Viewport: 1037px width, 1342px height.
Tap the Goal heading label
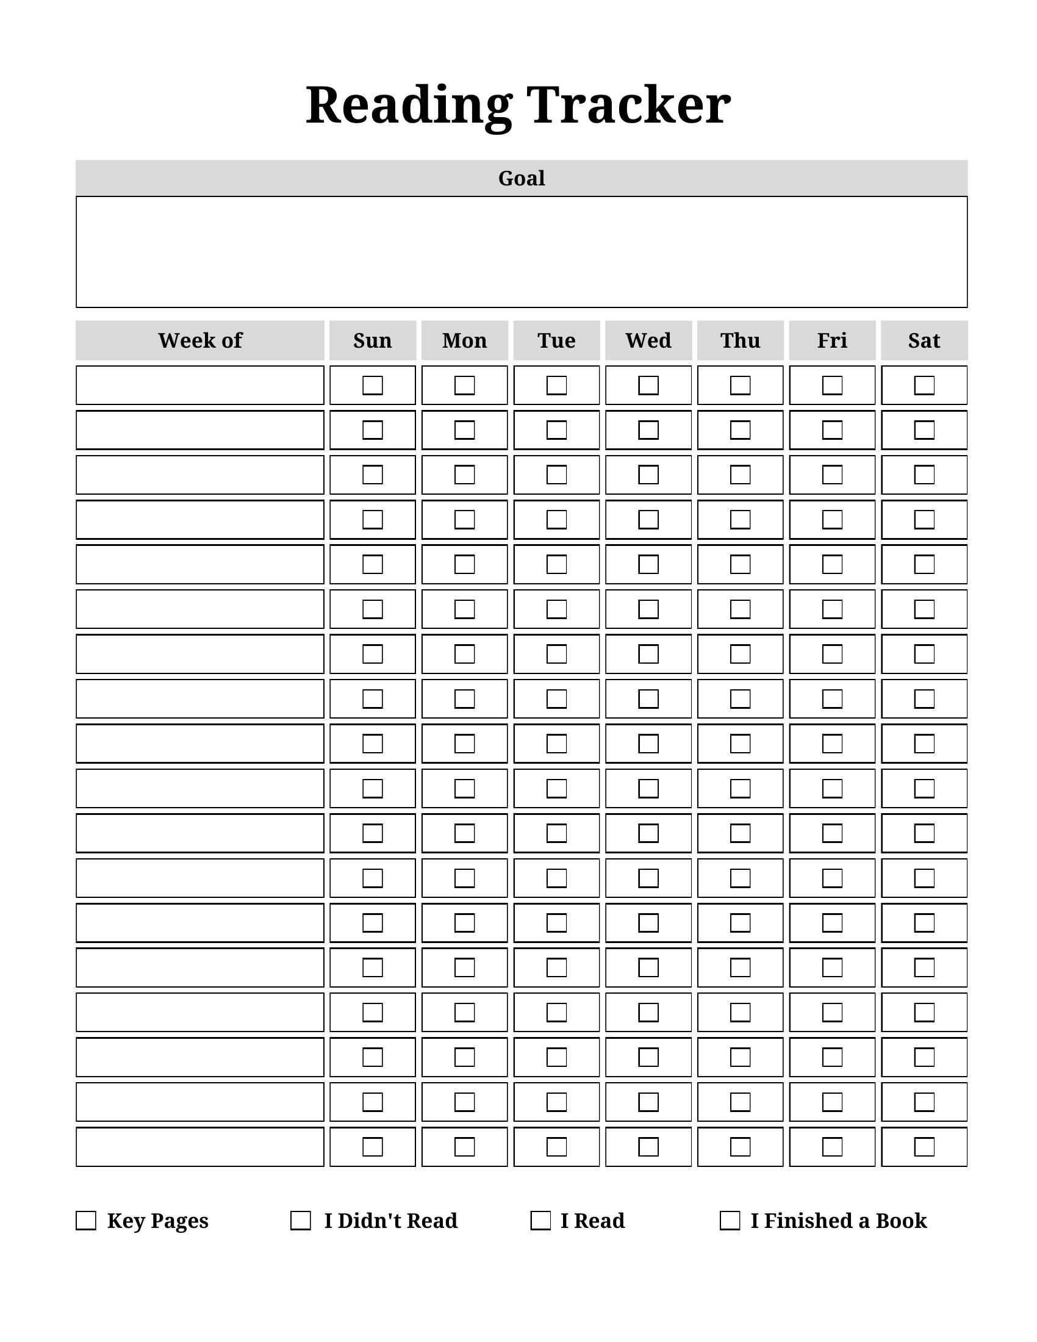click(x=521, y=178)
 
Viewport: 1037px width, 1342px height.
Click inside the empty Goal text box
click(x=521, y=252)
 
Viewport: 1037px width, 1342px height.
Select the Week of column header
click(x=199, y=340)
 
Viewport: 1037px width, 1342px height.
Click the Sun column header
click(x=372, y=340)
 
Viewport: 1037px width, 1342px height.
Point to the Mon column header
click(x=464, y=340)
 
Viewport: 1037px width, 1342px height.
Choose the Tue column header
click(x=556, y=340)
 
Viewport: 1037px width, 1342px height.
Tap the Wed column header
click(x=648, y=340)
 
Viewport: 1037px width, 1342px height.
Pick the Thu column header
click(x=741, y=340)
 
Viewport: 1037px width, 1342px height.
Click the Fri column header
click(x=832, y=340)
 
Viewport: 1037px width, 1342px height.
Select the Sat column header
click(x=924, y=340)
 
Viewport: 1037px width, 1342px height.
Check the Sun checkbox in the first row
click(x=372, y=386)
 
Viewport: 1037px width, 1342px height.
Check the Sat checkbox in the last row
click(x=924, y=1147)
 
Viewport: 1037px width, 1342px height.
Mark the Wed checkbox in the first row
click(x=648, y=386)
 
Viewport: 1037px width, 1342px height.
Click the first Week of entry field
click(x=199, y=386)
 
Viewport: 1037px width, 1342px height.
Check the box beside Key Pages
click(x=86, y=1221)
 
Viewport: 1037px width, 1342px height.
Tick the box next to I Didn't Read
click(x=300, y=1221)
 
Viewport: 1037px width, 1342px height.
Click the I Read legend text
click(x=592, y=1221)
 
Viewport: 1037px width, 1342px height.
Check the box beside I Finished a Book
click(x=729, y=1221)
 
